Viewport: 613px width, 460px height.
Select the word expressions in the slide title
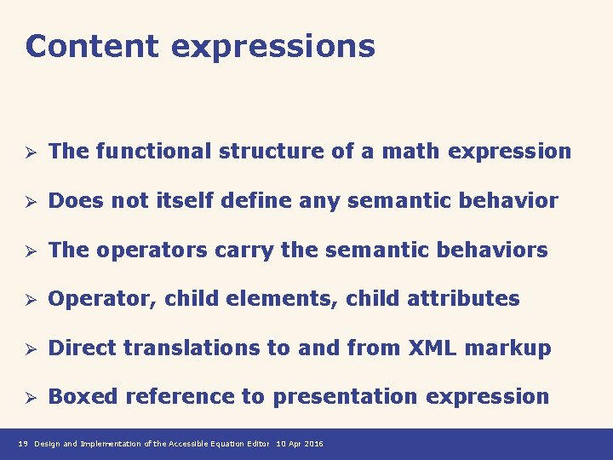[x=272, y=48]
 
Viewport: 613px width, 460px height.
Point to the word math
[x=410, y=152]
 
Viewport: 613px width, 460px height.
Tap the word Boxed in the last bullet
[x=78, y=396]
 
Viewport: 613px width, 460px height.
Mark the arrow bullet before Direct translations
[x=28, y=348]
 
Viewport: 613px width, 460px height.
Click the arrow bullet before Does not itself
[x=28, y=202]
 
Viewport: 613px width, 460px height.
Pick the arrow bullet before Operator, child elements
[x=28, y=300]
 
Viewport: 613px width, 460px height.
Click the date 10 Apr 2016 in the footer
[x=300, y=445]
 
